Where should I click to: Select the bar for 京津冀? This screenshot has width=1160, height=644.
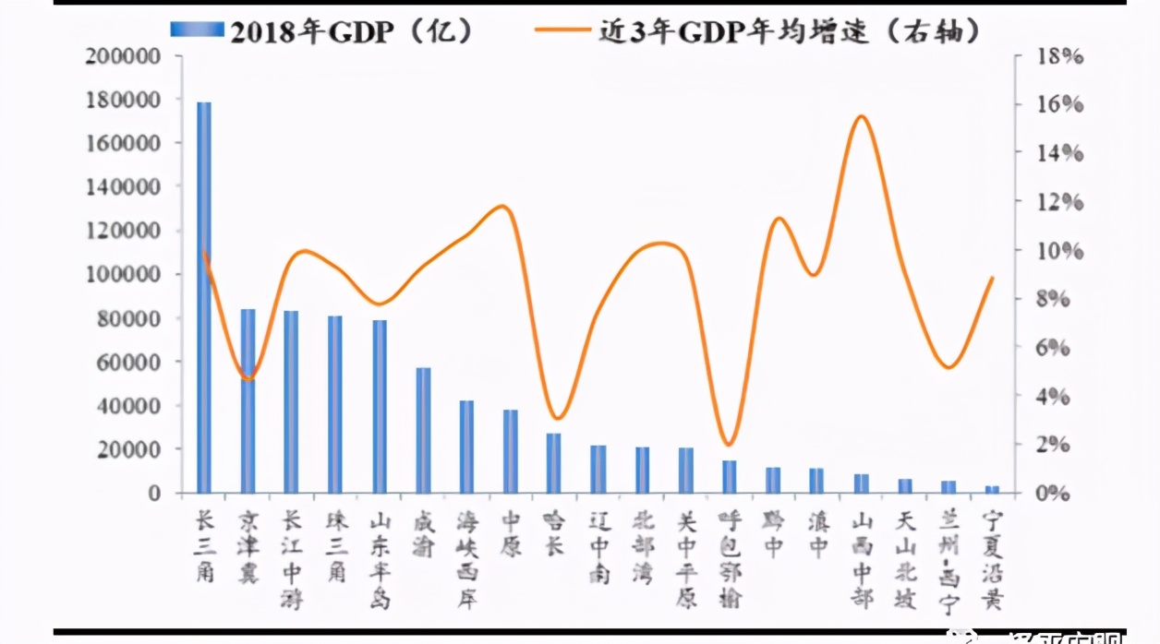pyautogui.click(x=248, y=401)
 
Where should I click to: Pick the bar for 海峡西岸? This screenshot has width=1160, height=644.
pyautogui.click(x=467, y=447)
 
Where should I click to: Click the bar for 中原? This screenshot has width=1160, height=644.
pyautogui.click(x=511, y=451)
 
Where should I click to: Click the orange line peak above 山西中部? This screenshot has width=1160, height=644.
pyautogui.click(x=861, y=116)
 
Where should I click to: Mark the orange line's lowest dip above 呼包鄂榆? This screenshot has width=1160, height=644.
pyautogui.click(x=729, y=445)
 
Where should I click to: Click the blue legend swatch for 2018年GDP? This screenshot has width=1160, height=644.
pyautogui.click(x=197, y=30)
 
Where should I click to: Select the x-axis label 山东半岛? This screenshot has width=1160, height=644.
pyautogui.click(x=380, y=559)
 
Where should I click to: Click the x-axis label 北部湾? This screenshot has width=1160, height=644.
pyautogui.click(x=642, y=548)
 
